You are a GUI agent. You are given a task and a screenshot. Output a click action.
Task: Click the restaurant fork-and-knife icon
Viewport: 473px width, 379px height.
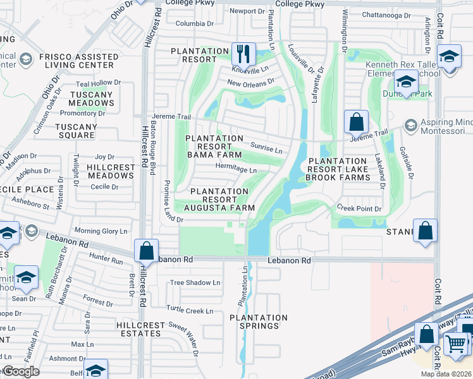point(243,53)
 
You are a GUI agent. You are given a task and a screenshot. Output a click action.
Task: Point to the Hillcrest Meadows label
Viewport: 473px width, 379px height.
point(102,171)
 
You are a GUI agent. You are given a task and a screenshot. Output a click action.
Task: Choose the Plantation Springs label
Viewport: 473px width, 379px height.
point(258,322)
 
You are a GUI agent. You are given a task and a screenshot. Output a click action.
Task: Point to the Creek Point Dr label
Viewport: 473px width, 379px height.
point(359,208)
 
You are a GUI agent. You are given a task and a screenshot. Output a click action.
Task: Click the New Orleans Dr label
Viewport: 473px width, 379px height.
point(251,81)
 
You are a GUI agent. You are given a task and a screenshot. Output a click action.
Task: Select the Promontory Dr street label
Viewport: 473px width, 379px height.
point(82,114)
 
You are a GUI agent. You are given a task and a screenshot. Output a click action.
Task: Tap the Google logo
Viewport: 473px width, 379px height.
point(21,371)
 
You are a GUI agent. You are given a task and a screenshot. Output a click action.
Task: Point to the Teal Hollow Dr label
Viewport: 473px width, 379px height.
point(98,83)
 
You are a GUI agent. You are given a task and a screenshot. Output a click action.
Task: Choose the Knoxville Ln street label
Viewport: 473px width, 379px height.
point(250,69)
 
